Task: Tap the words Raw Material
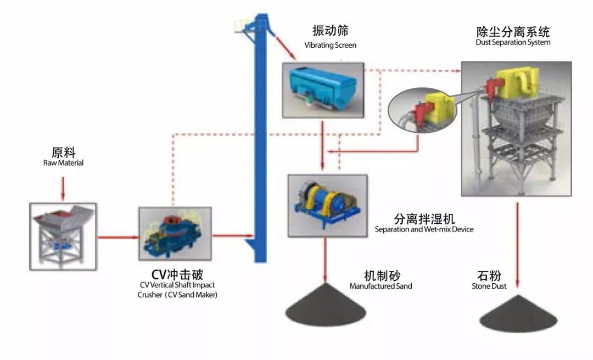click(x=63, y=163)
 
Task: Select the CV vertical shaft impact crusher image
click(x=175, y=232)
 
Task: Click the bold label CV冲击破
click(x=177, y=273)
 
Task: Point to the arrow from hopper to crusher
click(x=117, y=237)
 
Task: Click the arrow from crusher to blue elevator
click(x=228, y=236)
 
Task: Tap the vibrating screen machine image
click(x=322, y=89)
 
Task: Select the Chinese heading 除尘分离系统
click(x=513, y=31)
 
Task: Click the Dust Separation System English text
click(x=513, y=42)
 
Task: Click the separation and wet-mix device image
click(x=327, y=205)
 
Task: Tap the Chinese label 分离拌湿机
click(x=423, y=218)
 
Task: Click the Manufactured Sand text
click(x=381, y=286)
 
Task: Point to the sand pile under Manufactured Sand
click(x=327, y=307)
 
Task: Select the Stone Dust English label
click(x=488, y=286)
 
